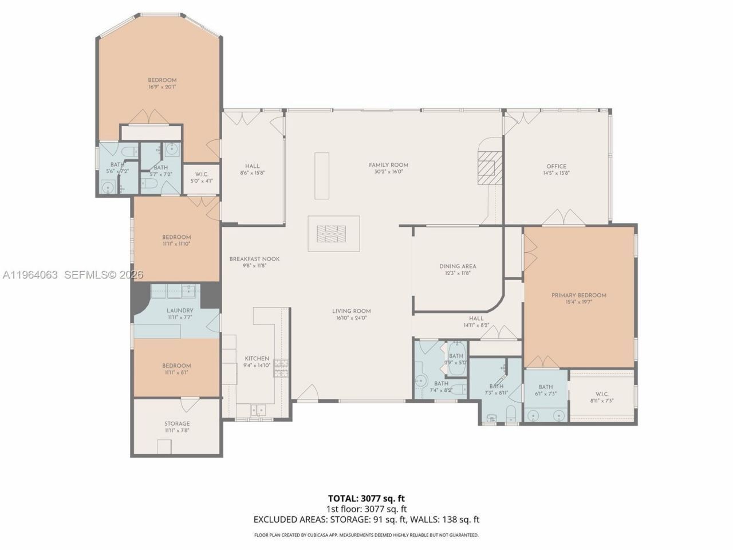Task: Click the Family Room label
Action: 388,165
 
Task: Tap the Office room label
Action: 556,167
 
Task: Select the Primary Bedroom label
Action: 578,296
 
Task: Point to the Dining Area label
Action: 458,266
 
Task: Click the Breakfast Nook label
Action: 254,259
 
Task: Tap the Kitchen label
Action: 257,359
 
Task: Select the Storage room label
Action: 177,424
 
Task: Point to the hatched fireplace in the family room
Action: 487,169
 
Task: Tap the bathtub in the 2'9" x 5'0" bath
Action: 456,359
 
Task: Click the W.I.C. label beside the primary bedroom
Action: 601,394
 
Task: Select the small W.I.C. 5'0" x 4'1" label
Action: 201,174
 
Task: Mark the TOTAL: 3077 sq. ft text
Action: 366,498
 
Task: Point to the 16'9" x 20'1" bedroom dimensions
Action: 162,87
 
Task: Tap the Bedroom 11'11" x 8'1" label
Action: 176,366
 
